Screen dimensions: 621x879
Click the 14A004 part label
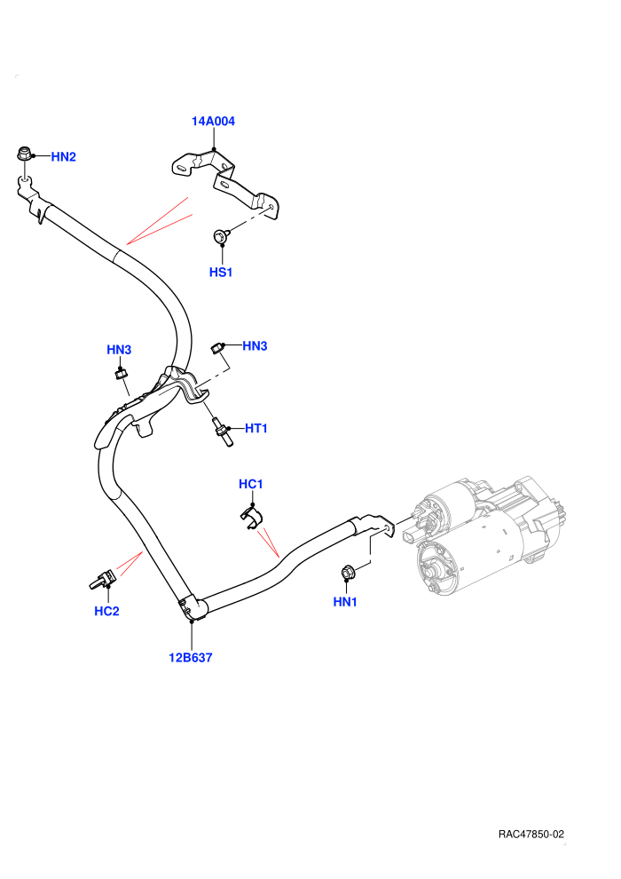[213, 121]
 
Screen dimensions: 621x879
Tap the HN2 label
[63, 157]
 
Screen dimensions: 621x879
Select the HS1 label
[221, 272]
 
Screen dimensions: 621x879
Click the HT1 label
[255, 428]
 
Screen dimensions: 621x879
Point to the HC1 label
[250, 484]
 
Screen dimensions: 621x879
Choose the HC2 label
[106, 611]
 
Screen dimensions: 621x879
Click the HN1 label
[345, 602]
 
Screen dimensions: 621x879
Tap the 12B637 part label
[191, 658]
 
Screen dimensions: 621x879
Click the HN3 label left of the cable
[119, 350]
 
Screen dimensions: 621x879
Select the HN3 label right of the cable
[255, 346]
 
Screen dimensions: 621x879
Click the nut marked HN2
[24, 153]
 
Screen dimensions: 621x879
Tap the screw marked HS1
[221, 236]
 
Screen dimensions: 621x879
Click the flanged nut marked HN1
[347, 573]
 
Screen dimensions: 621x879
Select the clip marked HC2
[103, 580]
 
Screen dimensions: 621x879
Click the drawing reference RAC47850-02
[531, 834]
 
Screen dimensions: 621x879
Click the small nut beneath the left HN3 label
[119, 373]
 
